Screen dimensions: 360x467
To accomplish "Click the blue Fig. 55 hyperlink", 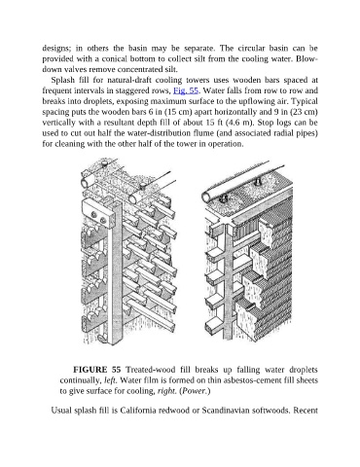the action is (x=186, y=90).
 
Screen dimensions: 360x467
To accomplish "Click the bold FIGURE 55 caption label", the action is (x=97, y=370).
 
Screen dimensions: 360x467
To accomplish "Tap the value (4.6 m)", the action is (x=238, y=123).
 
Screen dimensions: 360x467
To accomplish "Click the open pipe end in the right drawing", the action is (x=207, y=197).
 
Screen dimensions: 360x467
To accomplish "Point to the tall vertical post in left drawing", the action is (x=115, y=272).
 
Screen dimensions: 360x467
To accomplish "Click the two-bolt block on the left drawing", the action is (x=99, y=216).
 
